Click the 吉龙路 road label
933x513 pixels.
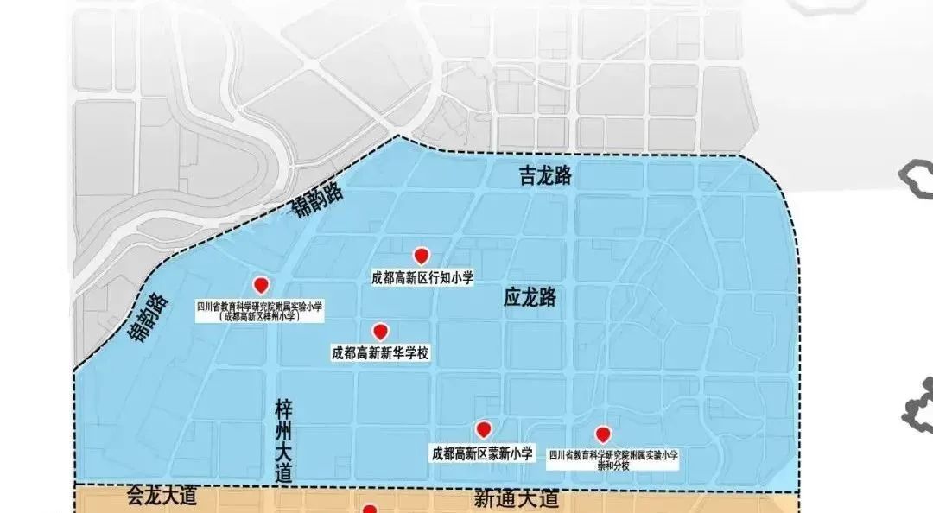click(545, 177)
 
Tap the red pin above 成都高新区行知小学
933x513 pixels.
click(422, 256)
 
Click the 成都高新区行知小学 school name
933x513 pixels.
click(422, 277)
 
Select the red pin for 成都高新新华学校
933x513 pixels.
click(379, 332)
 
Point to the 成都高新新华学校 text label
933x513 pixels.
click(380, 353)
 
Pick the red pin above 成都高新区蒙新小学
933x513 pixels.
click(484, 429)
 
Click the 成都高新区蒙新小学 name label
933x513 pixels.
click(481, 452)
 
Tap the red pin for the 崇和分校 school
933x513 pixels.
click(602, 434)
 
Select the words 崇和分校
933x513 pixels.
click(613, 465)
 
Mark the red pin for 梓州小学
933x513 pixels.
click(260, 285)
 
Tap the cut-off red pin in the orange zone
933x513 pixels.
click(370, 509)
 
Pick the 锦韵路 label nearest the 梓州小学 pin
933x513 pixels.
click(148, 318)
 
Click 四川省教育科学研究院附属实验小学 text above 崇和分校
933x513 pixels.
click(613, 454)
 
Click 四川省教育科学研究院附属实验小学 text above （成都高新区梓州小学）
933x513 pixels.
click(260, 306)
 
